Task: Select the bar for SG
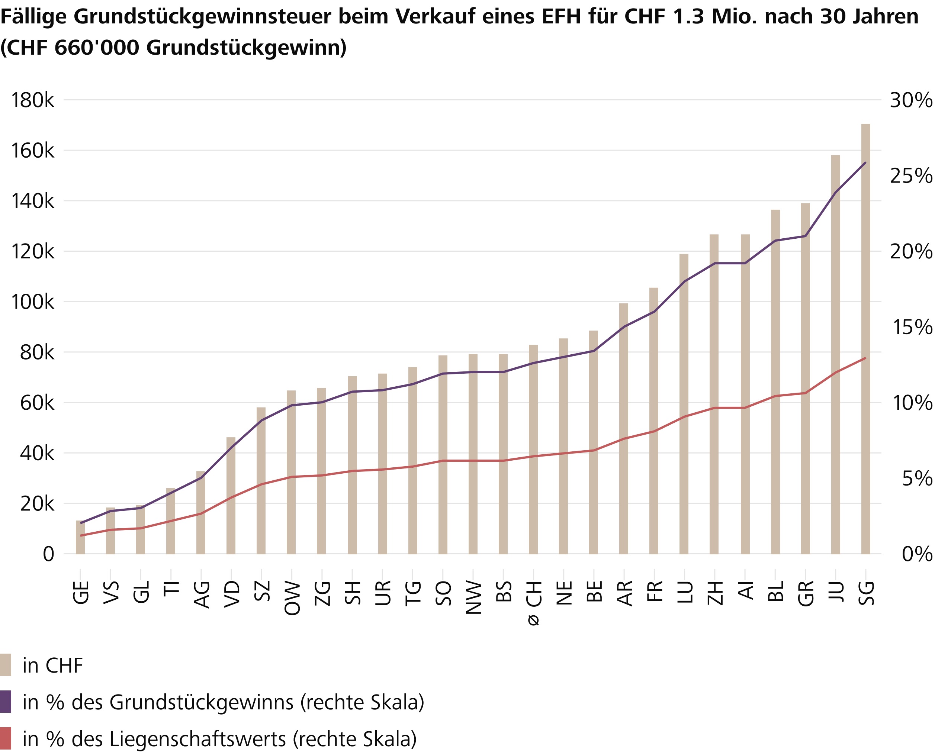[865, 339]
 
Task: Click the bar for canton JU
[835, 354]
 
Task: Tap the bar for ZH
[714, 394]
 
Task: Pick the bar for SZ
[261, 480]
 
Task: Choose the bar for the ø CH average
[533, 449]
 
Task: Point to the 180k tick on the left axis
[33, 100]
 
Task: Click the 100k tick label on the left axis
[33, 302]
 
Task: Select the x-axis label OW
[292, 599]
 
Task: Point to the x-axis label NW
[473, 599]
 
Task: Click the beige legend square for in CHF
[6, 665]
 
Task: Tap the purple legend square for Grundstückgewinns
[6, 702]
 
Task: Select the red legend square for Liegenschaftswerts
[6, 738]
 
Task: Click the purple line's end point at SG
[865, 162]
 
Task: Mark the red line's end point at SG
[865, 358]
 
